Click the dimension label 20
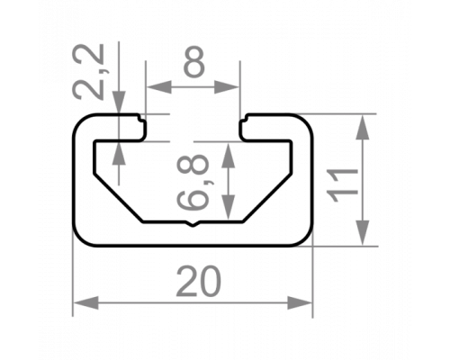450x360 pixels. (199, 282)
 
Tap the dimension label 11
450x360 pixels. (343, 185)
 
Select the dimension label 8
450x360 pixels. (193, 62)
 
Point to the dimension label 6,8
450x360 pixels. (193, 182)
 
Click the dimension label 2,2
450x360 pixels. (89, 71)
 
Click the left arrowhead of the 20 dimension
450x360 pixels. (85, 302)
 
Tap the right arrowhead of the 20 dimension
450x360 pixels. (300, 302)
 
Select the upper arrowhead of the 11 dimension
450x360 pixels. (363, 127)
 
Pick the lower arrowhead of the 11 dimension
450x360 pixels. (363, 233)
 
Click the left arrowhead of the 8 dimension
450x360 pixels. (159, 87)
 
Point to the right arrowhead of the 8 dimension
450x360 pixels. (227, 87)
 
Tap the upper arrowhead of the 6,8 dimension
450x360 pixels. (229, 155)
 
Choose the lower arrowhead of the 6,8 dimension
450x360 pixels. (229, 207)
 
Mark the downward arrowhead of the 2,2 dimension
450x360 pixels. (119, 102)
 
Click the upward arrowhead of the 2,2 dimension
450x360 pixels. (119, 153)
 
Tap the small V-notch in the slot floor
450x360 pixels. (193, 224)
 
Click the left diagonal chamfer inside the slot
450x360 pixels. (119, 197)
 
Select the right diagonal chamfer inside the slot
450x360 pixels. (267, 197)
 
